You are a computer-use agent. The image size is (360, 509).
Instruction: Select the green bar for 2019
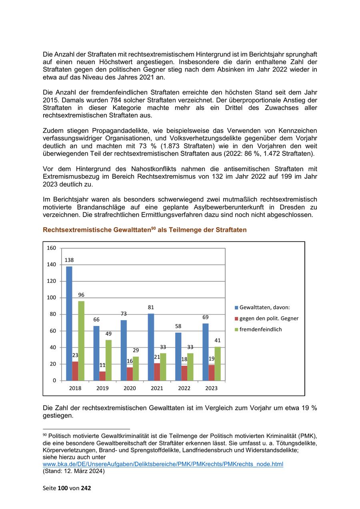108,360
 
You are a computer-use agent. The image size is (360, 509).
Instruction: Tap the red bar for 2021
157,372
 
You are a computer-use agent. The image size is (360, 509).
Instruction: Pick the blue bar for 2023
205,352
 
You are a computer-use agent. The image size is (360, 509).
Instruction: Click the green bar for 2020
136,368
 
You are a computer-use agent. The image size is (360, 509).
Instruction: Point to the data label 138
69,260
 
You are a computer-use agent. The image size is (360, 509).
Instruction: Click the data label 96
81,295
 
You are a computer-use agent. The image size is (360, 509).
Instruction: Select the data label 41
217,340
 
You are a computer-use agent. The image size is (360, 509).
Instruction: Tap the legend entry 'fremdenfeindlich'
260,329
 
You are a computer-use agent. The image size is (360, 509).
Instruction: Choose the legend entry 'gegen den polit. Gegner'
269,318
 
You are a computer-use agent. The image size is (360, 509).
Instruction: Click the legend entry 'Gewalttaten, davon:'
264,307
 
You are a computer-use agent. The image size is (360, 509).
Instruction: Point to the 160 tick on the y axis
52,248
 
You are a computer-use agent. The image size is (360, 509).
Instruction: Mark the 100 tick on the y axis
52,297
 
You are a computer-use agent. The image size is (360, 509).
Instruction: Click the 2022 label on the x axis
184,388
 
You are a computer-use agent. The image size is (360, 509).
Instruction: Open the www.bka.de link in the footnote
163,464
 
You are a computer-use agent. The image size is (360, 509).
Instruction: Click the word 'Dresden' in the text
293,207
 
